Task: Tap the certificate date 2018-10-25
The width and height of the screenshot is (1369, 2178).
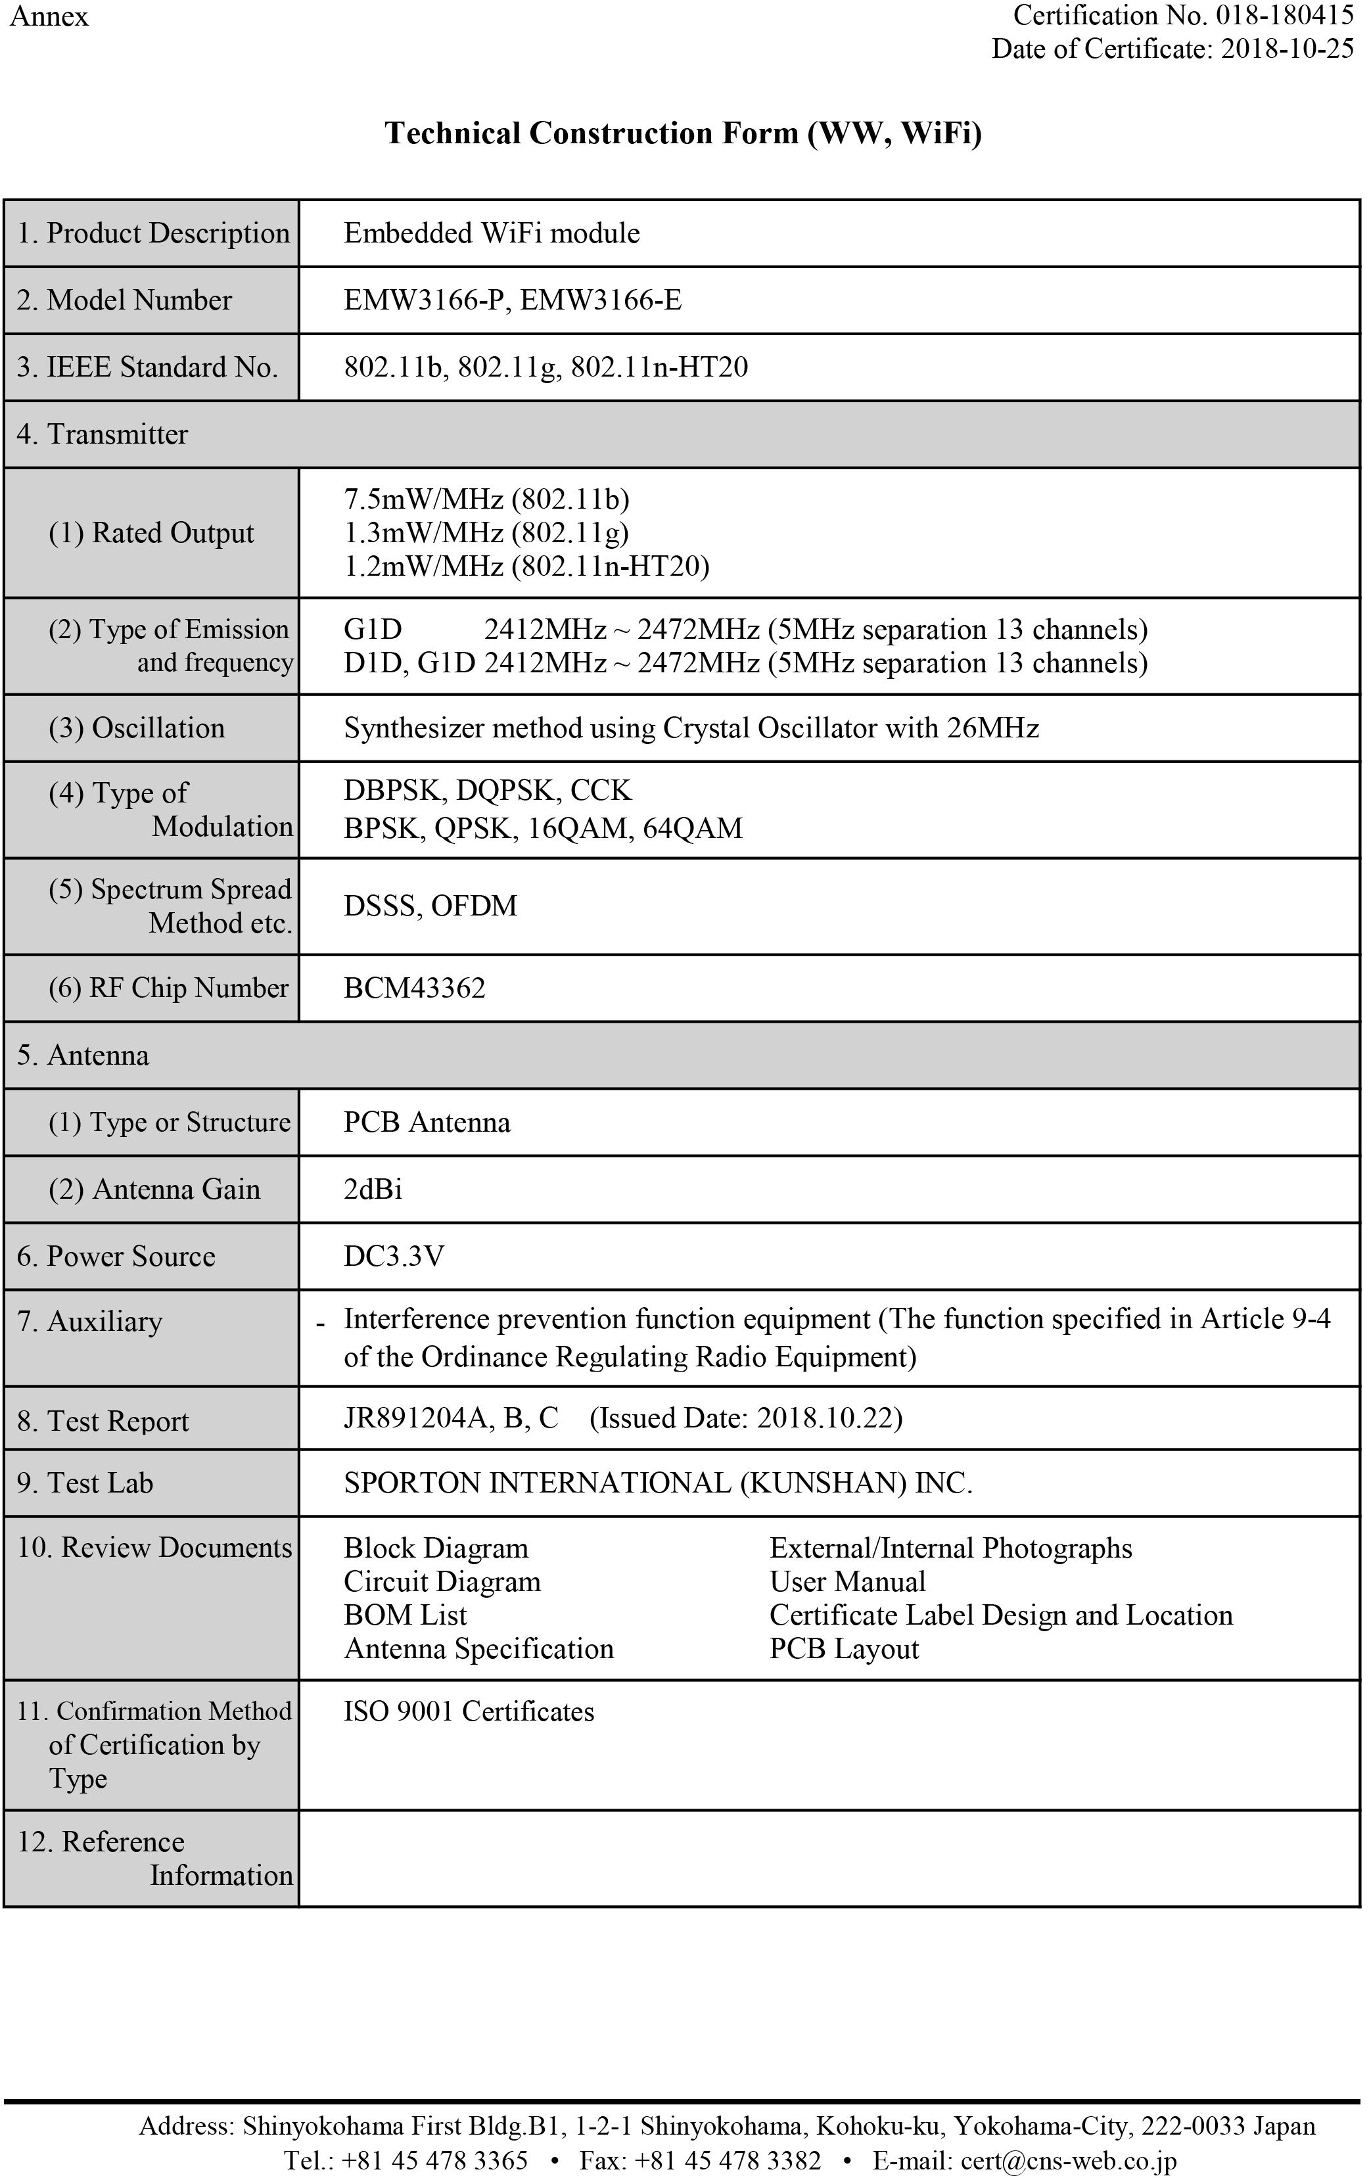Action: point(1287,48)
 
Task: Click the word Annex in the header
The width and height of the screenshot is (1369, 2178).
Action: point(49,16)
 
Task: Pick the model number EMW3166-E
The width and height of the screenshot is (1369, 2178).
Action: point(601,300)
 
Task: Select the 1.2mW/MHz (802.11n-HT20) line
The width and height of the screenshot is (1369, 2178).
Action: point(526,567)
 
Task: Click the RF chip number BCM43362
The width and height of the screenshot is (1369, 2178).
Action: point(414,988)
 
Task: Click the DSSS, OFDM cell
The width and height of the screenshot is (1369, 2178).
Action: point(430,906)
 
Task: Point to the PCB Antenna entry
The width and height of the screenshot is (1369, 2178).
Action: point(427,1123)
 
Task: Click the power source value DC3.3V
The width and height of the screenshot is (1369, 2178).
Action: point(394,1257)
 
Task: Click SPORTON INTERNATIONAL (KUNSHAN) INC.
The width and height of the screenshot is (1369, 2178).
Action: point(657,1483)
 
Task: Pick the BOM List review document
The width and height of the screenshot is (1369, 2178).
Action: point(405,1615)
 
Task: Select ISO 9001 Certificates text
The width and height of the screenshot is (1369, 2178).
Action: point(469,1711)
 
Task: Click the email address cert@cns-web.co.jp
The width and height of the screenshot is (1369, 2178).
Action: point(1068,2161)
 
